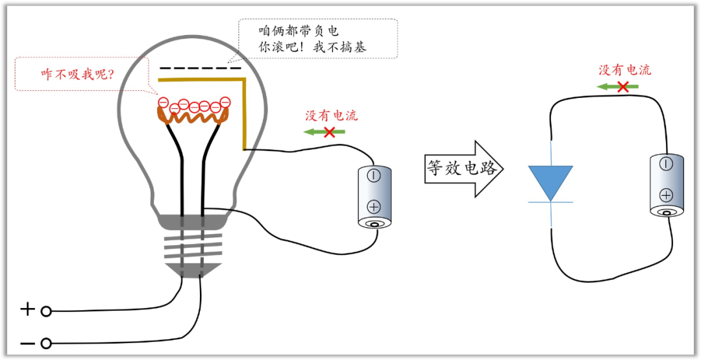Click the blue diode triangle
[550, 182]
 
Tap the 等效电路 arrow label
[462, 168]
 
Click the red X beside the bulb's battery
[330, 132]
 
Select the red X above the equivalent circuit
[622, 86]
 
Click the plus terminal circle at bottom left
[46, 311]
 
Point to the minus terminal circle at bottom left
[46, 343]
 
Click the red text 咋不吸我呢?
[78, 74]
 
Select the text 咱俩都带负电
[299, 30]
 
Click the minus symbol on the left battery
[374, 175]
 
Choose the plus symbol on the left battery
[374, 207]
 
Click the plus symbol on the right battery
[666, 195]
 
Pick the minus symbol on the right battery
[666, 163]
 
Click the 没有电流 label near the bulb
[331, 116]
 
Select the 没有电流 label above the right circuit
[624, 70]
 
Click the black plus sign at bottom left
[27, 309]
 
